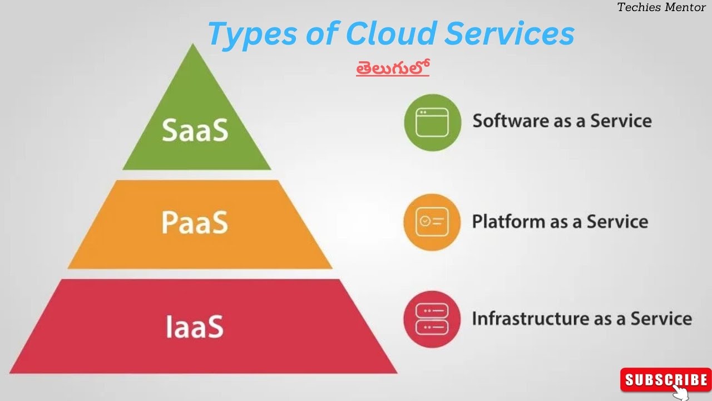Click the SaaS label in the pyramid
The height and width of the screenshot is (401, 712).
(x=195, y=130)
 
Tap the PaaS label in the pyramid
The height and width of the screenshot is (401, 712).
(x=195, y=222)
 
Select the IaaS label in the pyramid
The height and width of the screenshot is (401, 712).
(x=195, y=326)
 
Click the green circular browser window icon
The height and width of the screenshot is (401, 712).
(x=432, y=123)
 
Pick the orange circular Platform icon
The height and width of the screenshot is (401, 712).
(x=432, y=222)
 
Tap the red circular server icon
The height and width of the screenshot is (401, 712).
(x=432, y=319)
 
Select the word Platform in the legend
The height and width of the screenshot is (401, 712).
(x=508, y=222)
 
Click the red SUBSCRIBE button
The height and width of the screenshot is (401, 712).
(x=665, y=380)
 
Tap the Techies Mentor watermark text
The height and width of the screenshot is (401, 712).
(x=661, y=8)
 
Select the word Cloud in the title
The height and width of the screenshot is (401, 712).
(x=389, y=35)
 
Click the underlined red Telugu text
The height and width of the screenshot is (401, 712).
(x=393, y=68)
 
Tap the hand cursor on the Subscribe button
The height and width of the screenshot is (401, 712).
(x=682, y=392)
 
